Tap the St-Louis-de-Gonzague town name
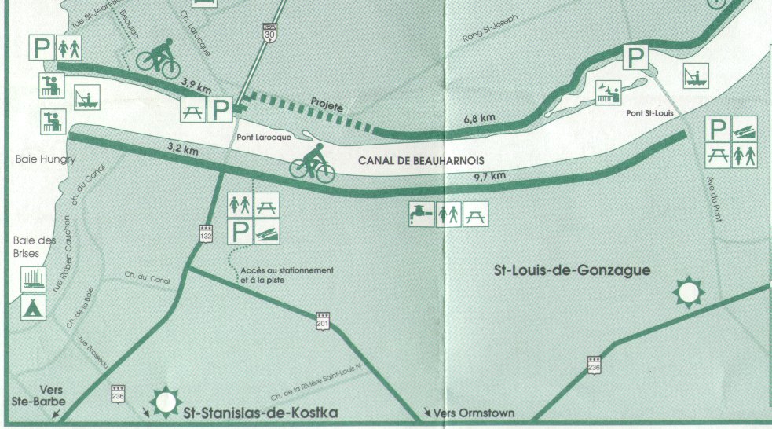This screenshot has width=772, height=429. tap(572, 270)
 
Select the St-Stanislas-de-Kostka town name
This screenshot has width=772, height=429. tap(260, 412)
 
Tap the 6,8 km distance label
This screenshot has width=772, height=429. tap(479, 118)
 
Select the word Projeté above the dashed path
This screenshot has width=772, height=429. tap(327, 104)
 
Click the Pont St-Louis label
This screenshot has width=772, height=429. tap(647, 113)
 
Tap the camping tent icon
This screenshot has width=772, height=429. tap(33, 306)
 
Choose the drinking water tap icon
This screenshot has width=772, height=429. tap(420, 214)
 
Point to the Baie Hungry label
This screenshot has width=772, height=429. tap(45, 159)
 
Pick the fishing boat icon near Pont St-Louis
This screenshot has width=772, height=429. tap(695, 75)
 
